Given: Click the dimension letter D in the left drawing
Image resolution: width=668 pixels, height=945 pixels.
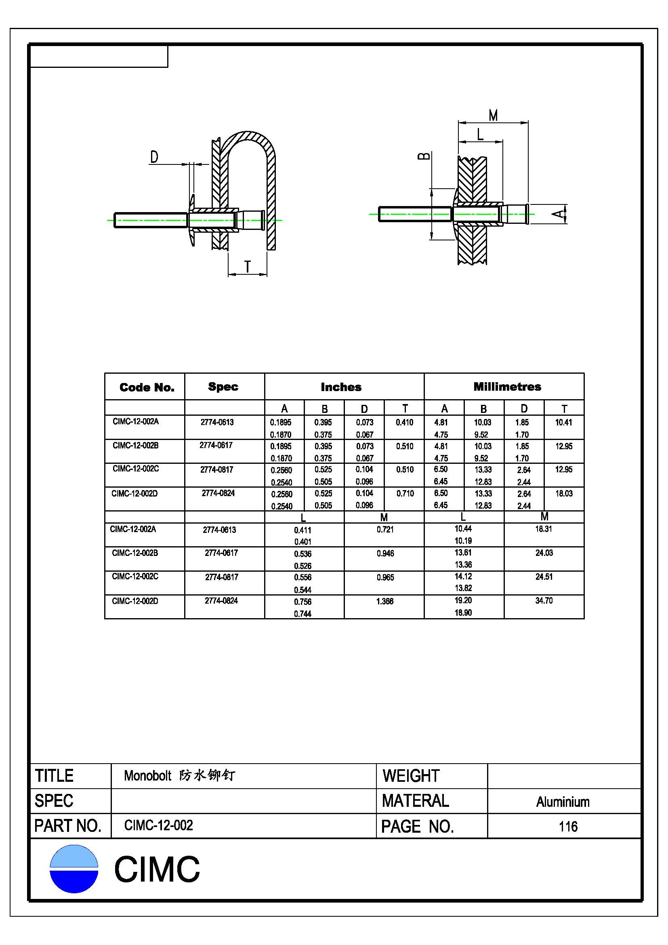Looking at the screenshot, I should pyautogui.click(x=154, y=157).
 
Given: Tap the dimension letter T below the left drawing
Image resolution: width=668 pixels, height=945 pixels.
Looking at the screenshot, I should pyautogui.click(x=248, y=267).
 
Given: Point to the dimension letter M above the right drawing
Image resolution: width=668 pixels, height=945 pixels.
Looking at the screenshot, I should pyautogui.click(x=493, y=115).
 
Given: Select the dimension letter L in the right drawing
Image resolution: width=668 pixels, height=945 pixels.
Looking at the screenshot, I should pyautogui.click(x=480, y=135).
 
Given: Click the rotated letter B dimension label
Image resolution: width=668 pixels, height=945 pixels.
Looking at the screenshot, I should pyautogui.click(x=424, y=156).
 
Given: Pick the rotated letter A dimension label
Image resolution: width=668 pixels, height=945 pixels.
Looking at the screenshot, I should pyautogui.click(x=558, y=214).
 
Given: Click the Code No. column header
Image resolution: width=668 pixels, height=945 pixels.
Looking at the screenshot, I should pyautogui.click(x=147, y=387).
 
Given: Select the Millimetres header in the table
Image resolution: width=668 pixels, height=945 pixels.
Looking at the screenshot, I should pyautogui.click(x=507, y=387).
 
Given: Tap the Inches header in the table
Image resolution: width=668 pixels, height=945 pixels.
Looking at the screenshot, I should pyautogui.click(x=341, y=387).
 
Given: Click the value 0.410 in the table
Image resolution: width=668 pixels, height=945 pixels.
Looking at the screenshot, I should pyautogui.click(x=404, y=422).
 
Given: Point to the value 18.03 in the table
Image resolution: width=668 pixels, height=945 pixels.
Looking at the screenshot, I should pyautogui.click(x=563, y=493).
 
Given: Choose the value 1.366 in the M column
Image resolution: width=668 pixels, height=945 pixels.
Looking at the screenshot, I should pyautogui.click(x=384, y=601).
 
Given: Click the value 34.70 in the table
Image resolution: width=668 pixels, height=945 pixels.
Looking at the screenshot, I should pyautogui.click(x=544, y=601).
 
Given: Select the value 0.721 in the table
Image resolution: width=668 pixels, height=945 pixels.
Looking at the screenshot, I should pyautogui.click(x=385, y=530).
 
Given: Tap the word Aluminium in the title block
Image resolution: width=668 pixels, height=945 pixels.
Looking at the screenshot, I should pyautogui.click(x=563, y=802).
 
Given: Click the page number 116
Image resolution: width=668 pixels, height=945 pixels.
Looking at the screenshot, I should pyautogui.click(x=568, y=827).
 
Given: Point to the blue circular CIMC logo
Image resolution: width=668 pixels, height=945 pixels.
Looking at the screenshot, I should pyautogui.click(x=74, y=869).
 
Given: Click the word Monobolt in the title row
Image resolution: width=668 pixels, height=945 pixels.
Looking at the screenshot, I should pyautogui.click(x=148, y=776).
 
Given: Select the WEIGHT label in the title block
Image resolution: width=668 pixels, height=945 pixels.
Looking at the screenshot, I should pyautogui.click(x=411, y=776).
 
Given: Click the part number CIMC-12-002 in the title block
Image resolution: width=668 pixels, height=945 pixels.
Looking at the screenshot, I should pyautogui.click(x=158, y=825).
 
